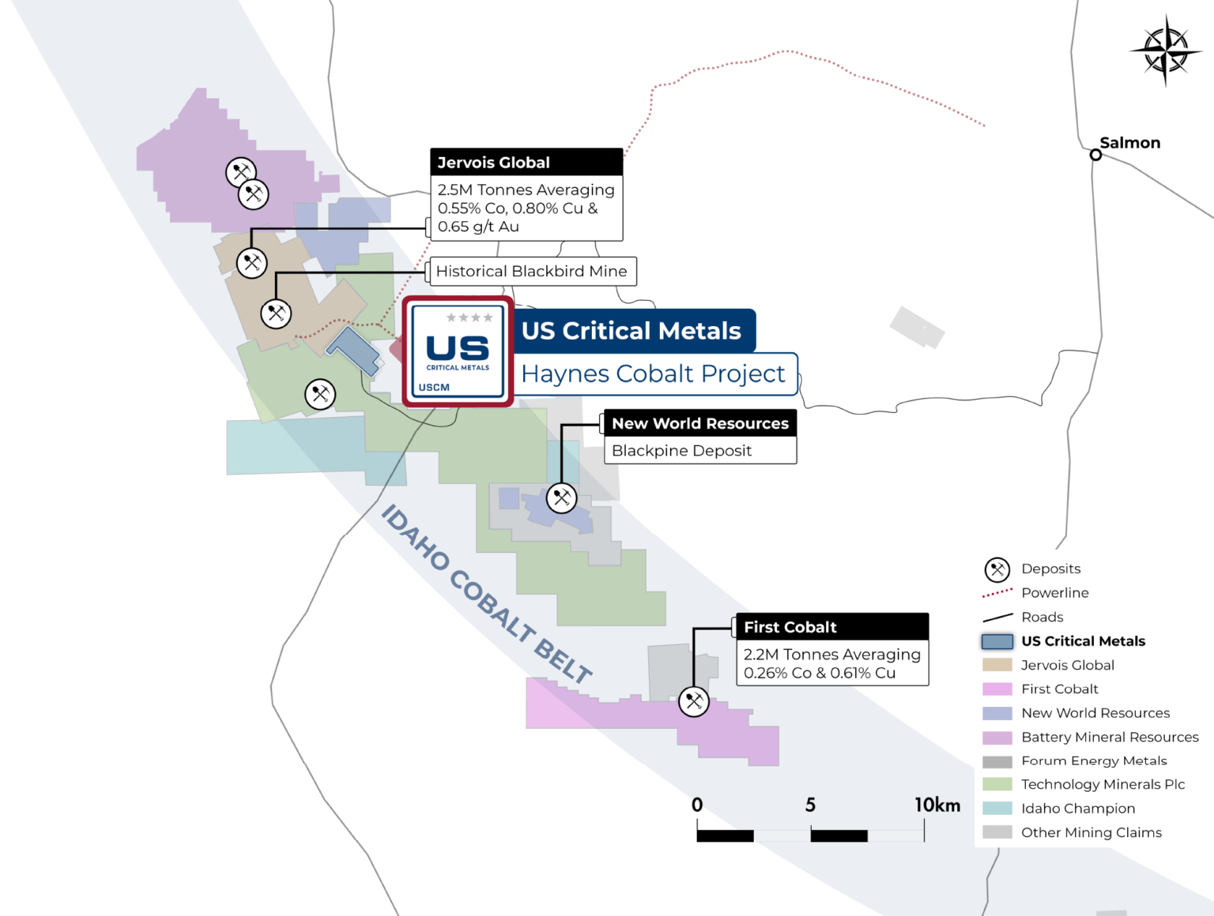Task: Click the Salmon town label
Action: [x=1129, y=143]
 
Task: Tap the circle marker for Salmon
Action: [x=1095, y=155]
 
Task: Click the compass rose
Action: [x=1165, y=51]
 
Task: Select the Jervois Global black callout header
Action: [x=526, y=162]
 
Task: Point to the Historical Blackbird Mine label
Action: [x=532, y=272]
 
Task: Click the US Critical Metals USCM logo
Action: [x=458, y=352]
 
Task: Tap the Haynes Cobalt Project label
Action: [x=654, y=374]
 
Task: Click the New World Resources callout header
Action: [x=699, y=423]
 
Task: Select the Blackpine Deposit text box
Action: [x=699, y=451]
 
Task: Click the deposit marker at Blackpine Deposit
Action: [x=561, y=497]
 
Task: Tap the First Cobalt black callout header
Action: [x=831, y=627]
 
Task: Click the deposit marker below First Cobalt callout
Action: [x=694, y=700]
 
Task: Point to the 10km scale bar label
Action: [x=937, y=805]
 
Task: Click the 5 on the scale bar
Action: [x=810, y=805]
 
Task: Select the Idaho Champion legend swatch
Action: [x=997, y=809]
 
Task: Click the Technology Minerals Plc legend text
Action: [x=1103, y=784]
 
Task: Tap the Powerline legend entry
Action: [x=1054, y=593]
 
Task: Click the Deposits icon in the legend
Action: [x=997, y=569]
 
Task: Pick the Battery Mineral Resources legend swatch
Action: [x=997, y=738]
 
